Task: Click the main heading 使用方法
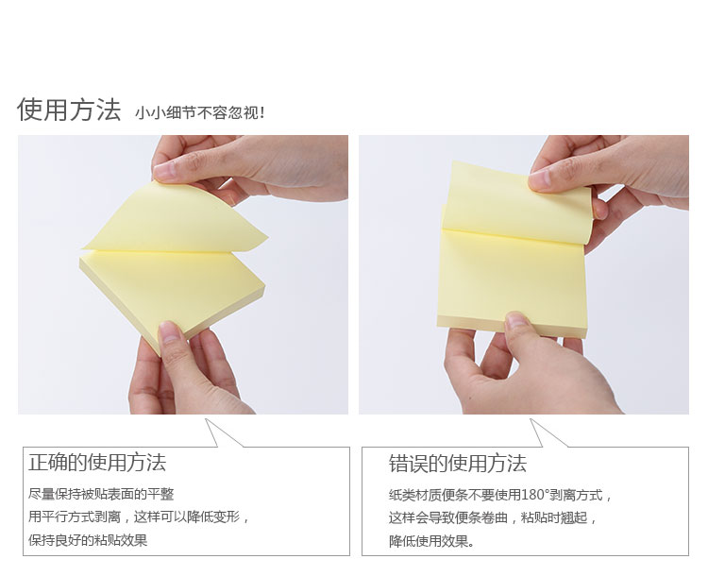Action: click(x=69, y=110)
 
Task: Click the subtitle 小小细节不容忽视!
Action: click(x=199, y=112)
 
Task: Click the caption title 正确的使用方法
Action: click(x=97, y=462)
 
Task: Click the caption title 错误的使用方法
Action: click(x=458, y=464)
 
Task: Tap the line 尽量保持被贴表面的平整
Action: click(x=101, y=494)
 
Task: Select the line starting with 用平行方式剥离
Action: click(x=139, y=517)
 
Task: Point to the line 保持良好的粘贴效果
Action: click(x=88, y=540)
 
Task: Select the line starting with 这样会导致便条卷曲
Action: click(x=493, y=517)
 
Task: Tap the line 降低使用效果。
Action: click(x=431, y=541)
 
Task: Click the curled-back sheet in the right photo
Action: click(x=517, y=203)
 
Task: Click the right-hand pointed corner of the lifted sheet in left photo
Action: click(x=267, y=236)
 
